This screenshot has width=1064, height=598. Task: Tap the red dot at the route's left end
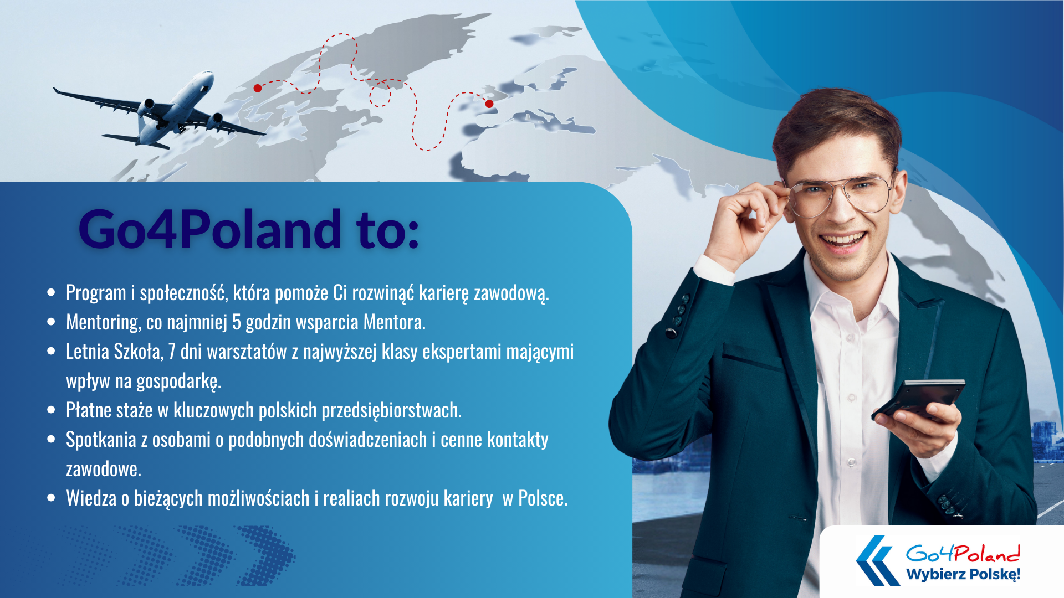tap(258, 88)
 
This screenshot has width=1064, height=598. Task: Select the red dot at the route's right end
tap(489, 104)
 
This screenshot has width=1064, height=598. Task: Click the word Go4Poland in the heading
tap(210, 228)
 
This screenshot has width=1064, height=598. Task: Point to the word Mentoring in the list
tap(103, 322)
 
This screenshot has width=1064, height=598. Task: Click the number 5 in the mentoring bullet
tap(237, 322)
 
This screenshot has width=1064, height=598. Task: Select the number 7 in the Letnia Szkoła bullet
tap(172, 352)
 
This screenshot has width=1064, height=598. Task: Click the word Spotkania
tap(101, 440)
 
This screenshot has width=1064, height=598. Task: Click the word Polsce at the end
tap(543, 498)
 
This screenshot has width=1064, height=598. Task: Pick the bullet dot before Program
tap(52, 292)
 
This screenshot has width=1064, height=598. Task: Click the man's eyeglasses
tap(840, 195)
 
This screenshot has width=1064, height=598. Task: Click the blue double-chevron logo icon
tap(878, 560)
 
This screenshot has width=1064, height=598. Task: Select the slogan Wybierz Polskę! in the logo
tap(963, 574)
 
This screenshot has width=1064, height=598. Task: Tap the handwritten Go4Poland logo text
tap(963, 553)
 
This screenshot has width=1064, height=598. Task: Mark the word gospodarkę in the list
tap(178, 382)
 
